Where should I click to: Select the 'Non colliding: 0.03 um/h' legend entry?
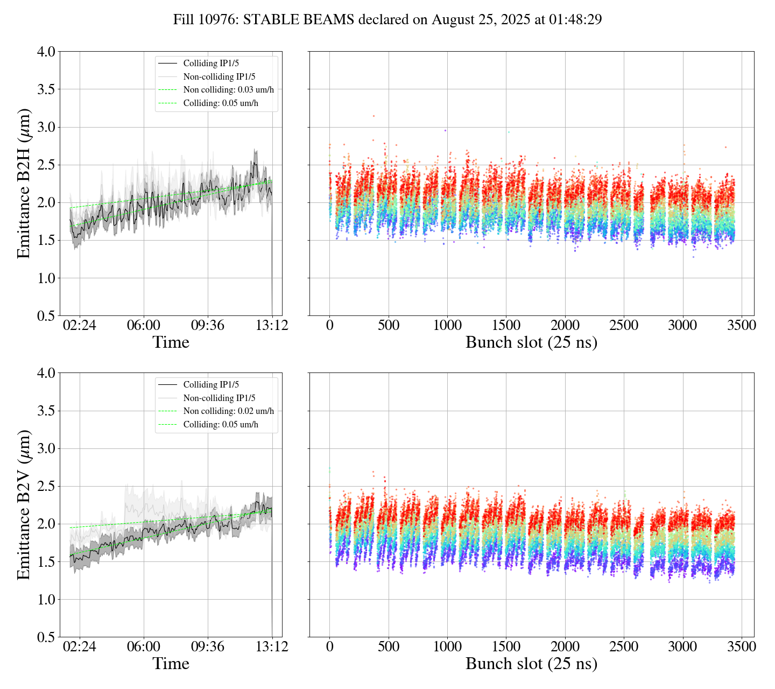(228, 90)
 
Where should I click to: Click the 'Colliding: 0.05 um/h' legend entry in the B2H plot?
(221, 103)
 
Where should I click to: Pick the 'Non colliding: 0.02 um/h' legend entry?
(228, 411)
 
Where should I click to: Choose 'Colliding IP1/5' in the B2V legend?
(211, 385)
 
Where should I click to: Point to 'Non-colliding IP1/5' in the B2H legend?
(219, 77)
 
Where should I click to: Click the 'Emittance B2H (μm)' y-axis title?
(24, 184)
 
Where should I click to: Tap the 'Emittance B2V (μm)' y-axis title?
(24, 504)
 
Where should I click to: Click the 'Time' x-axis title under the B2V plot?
(171, 664)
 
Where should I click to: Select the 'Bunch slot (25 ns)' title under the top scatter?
(531, 342)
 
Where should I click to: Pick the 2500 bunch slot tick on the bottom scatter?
(624, 646)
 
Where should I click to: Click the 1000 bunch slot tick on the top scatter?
(447, 326)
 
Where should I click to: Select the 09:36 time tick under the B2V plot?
(208, 646)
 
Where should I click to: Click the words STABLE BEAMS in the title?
(299, 20)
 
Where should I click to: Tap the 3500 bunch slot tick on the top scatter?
(741, 326)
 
